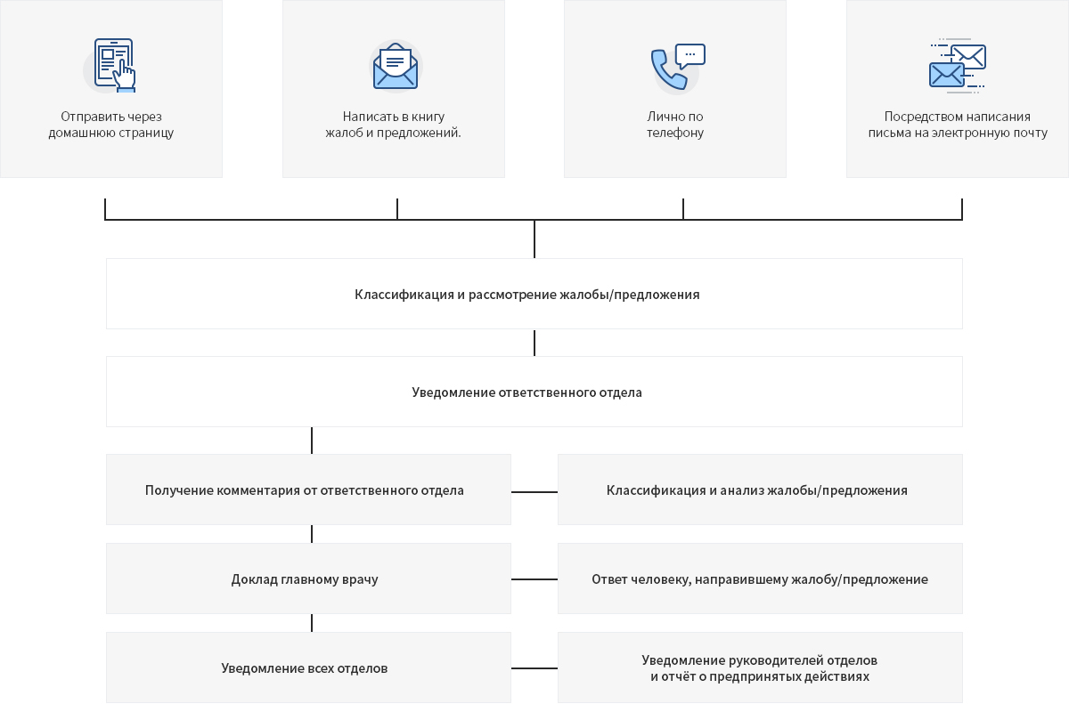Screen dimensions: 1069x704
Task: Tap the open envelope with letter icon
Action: pos(396,66)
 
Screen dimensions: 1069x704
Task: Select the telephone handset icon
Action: pos(668,69)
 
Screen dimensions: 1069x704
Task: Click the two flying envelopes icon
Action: pos(958,66)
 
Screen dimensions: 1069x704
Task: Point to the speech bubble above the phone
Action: pos(690,56)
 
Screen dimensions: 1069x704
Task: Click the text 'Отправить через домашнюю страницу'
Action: pos(111,125)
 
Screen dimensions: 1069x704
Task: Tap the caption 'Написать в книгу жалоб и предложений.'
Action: pos(393,125)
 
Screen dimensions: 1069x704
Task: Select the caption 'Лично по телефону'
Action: pos(675,125)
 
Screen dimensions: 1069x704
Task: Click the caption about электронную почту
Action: pos(958,125)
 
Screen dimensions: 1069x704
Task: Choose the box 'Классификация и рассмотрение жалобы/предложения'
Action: pos(534,294)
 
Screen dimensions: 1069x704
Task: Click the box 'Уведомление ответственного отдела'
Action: pos(534,392)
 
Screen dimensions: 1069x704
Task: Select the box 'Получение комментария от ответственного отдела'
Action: pos(308,490)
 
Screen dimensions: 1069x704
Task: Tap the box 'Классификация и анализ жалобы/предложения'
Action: pos(760,490)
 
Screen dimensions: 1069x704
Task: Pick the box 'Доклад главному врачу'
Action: pos(308,579)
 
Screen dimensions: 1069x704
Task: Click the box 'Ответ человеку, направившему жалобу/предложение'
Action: pos(760,579)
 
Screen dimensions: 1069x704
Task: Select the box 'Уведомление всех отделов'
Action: pos(308,668)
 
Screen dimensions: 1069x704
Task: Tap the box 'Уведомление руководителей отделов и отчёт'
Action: pos(760,668)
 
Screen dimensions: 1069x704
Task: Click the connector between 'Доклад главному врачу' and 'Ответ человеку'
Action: pos(534,579)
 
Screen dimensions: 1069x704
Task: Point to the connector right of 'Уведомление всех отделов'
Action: pos(534,668)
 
